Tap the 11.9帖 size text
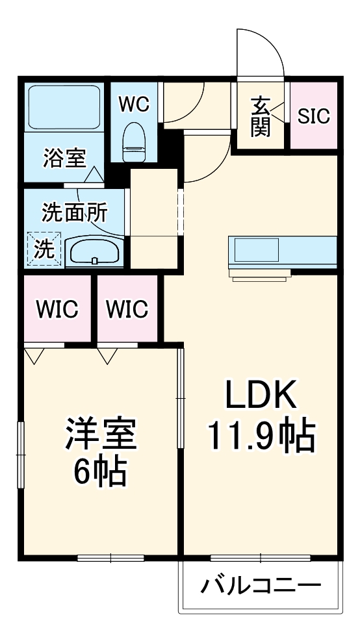261,436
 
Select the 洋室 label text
100,434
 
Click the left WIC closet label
57,309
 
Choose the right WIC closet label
127,309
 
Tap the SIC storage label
314,116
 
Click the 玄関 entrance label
261,117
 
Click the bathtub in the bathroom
64,107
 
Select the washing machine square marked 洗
44,249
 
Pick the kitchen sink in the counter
256,250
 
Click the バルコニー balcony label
260,586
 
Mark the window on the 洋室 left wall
21,454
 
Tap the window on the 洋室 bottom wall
110,557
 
